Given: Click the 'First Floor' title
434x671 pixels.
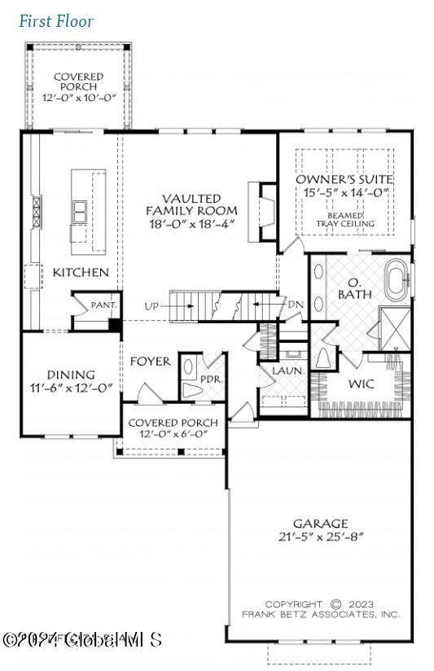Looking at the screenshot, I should pos(56,21).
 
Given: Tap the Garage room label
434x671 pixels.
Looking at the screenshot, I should pos(320,523).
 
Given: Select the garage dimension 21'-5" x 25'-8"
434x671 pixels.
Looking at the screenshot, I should pos(320,537).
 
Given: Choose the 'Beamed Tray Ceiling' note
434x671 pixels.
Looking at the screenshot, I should pos(346,218).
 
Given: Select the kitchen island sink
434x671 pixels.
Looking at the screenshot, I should pos(81,211).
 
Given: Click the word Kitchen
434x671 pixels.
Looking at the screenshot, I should pos(80,272).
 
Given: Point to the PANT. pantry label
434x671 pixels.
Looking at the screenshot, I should pos(104,305).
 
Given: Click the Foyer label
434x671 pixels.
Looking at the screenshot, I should pos(150,361).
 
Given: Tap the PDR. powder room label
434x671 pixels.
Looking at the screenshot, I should pos(212,379).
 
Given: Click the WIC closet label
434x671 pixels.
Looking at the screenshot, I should pos(361,384).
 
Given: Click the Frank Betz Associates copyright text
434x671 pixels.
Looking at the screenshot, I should pos(320,608).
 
